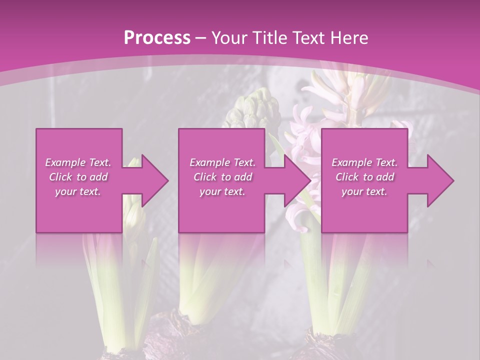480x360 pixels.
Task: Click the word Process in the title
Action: tap(157, 38)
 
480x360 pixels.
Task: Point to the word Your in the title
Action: tap(228, 38)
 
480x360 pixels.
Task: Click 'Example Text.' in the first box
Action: tap(78, 162)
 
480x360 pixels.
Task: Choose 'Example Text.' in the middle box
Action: tap(222, 162)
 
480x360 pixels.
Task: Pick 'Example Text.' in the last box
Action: tap(364, 162)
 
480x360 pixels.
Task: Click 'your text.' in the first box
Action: tap(78, 191)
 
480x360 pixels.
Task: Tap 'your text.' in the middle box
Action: tap(222, 191)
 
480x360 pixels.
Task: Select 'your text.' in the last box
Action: tap(364, 191)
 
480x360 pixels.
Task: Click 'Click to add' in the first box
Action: tap(78, 177)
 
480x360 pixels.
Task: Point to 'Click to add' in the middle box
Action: tap(222, 177)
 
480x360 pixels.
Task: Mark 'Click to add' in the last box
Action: tap(364, 177)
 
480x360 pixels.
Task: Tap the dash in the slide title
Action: tap(201, 38)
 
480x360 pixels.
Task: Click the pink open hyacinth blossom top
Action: tap(345, 90)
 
